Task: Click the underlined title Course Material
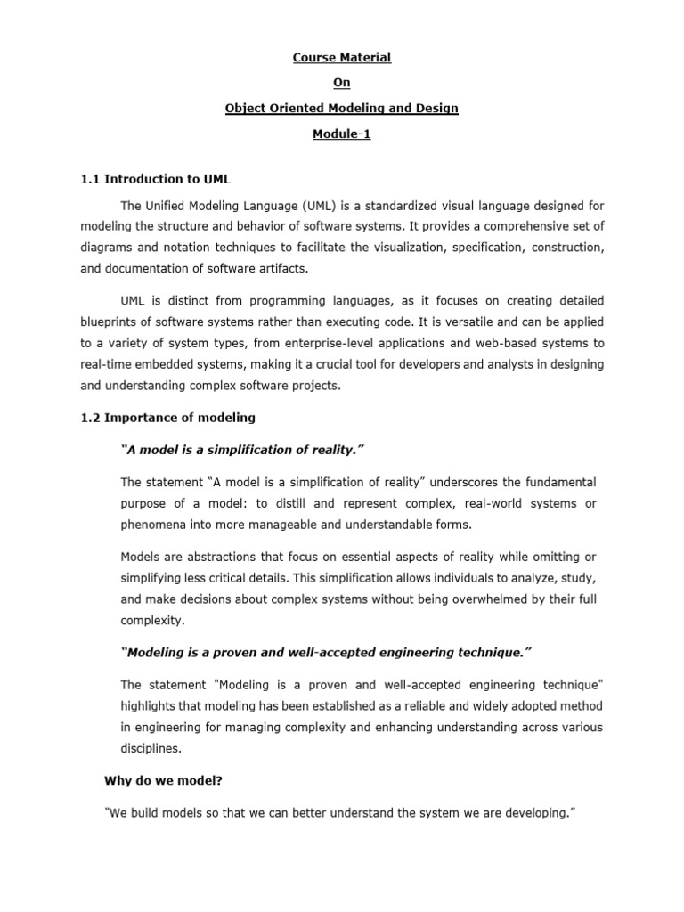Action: pyautogui.click(x=342, y=58)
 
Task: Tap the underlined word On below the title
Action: pyautogui.click(x=342, y=83)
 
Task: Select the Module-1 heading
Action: pyautogui.click(x=342, y=134)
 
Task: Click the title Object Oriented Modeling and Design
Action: pyautogui.click(x=342, y=108)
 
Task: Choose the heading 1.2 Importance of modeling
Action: pyautogui.click(x=167, y=418)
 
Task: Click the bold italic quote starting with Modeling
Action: pyautogui.click(x=325, y=654)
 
